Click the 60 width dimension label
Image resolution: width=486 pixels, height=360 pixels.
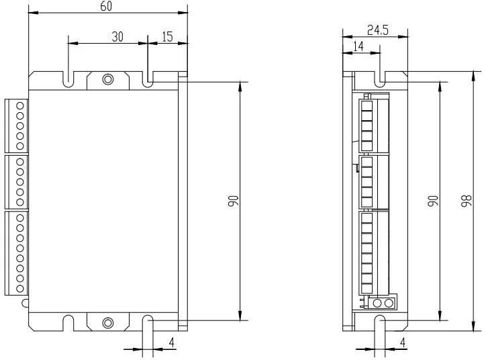coord(106,6)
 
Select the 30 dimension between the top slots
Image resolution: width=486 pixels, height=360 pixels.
coord(116,37)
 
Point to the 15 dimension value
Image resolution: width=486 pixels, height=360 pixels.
coord(166,37)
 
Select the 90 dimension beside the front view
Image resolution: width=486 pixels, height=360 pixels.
coord(232,201)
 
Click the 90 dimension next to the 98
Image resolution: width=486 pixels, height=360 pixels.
coord(433,201)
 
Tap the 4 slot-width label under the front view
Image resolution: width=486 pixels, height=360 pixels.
coord(172,343)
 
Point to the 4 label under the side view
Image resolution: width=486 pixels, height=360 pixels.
coord(403,343)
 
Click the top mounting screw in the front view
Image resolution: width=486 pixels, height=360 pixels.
coord(107,80)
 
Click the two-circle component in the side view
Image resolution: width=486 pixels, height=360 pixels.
coord(383,303)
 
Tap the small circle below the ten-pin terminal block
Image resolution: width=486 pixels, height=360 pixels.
coord(25,303)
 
